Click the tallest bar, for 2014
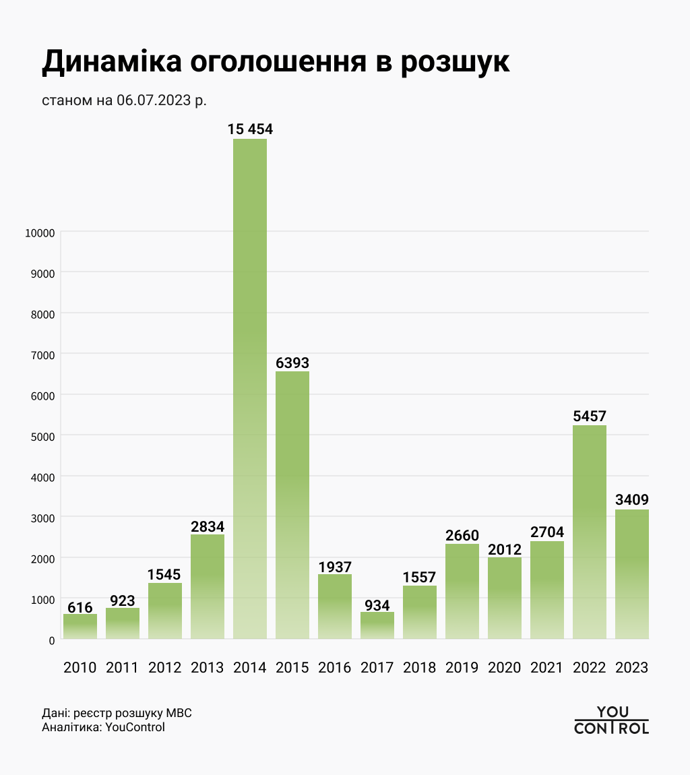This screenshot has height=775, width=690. (250, 388)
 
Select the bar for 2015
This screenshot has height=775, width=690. (292, 505)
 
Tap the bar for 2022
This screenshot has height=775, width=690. (590, 532)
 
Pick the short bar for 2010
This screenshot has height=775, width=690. (80, 626)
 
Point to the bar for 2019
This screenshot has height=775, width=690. (462, 591)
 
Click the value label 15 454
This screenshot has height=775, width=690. (250, 129)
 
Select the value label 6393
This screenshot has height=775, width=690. (292, 363)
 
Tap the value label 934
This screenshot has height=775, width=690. (377, 604)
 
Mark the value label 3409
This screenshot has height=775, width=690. (632, 500)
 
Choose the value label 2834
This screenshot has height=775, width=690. (208, 526)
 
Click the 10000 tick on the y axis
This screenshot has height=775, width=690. (39, 232)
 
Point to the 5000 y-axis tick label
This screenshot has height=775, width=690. (42, 436)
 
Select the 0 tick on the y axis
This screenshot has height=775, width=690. (51, 640)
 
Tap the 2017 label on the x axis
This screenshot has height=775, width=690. (377, 668)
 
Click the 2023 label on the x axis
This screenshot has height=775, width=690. (632, 668)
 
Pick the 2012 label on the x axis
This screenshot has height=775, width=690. (165, 668)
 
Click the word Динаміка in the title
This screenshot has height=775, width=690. (112, 61)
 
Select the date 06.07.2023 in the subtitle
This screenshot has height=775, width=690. (154, 101)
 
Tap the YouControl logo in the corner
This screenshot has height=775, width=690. (611, 720)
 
